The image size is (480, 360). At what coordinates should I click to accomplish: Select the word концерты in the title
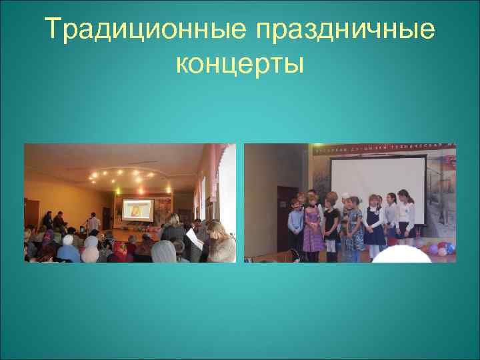pos(240,64)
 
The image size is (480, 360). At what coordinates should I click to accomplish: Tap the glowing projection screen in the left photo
pos(135,209)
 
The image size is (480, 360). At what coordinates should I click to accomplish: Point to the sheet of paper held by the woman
pos(193,237)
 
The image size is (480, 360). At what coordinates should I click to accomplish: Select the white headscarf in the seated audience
pos(90,242)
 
